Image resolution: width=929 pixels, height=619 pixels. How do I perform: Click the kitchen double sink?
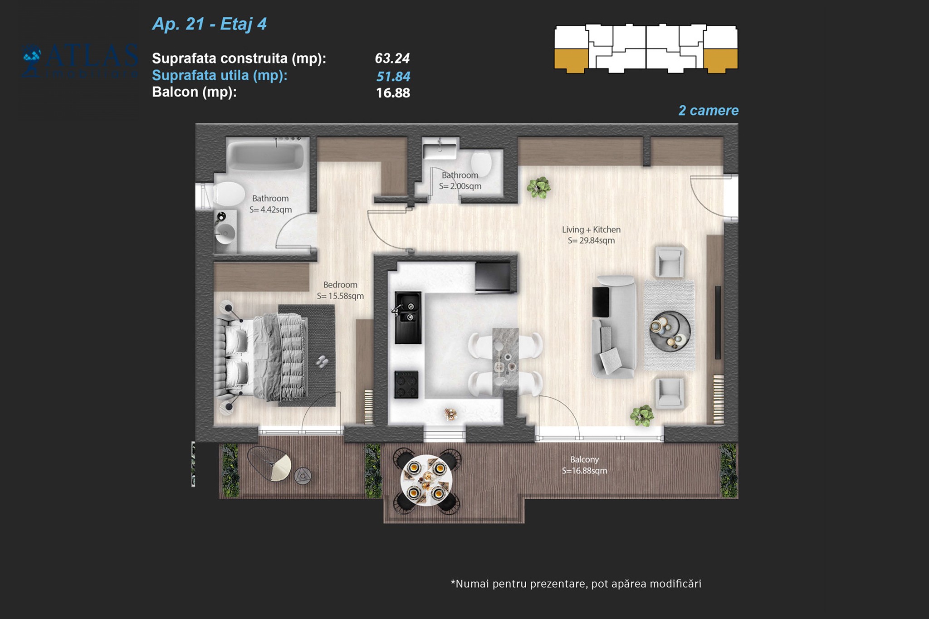coord(408,317)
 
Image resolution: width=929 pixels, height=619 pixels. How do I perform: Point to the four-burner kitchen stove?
coord(406,385)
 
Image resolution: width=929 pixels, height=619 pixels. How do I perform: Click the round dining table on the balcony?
coord(426,480)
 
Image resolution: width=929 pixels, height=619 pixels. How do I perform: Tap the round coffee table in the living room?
coord(670,331)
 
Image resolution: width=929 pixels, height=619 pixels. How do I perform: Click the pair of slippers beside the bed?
coord(322,361)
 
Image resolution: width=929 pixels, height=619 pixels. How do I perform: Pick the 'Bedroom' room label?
coord(340,285)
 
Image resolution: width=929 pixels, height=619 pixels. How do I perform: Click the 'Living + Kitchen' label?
coord(591,229)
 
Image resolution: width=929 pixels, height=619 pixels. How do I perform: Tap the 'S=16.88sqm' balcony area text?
coord(584,471)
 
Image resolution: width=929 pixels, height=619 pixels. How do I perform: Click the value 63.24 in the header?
coord(392,58)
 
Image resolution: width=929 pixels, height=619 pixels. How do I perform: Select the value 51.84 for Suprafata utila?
coord(393,76)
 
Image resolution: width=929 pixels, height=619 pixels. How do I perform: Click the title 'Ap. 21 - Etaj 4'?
coord(210,24)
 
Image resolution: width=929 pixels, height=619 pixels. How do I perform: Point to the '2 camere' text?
coord(709,111)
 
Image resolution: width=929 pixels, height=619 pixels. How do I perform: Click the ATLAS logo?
coord(80,61)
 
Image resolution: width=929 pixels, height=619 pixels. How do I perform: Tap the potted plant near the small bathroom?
coord(538,187)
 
